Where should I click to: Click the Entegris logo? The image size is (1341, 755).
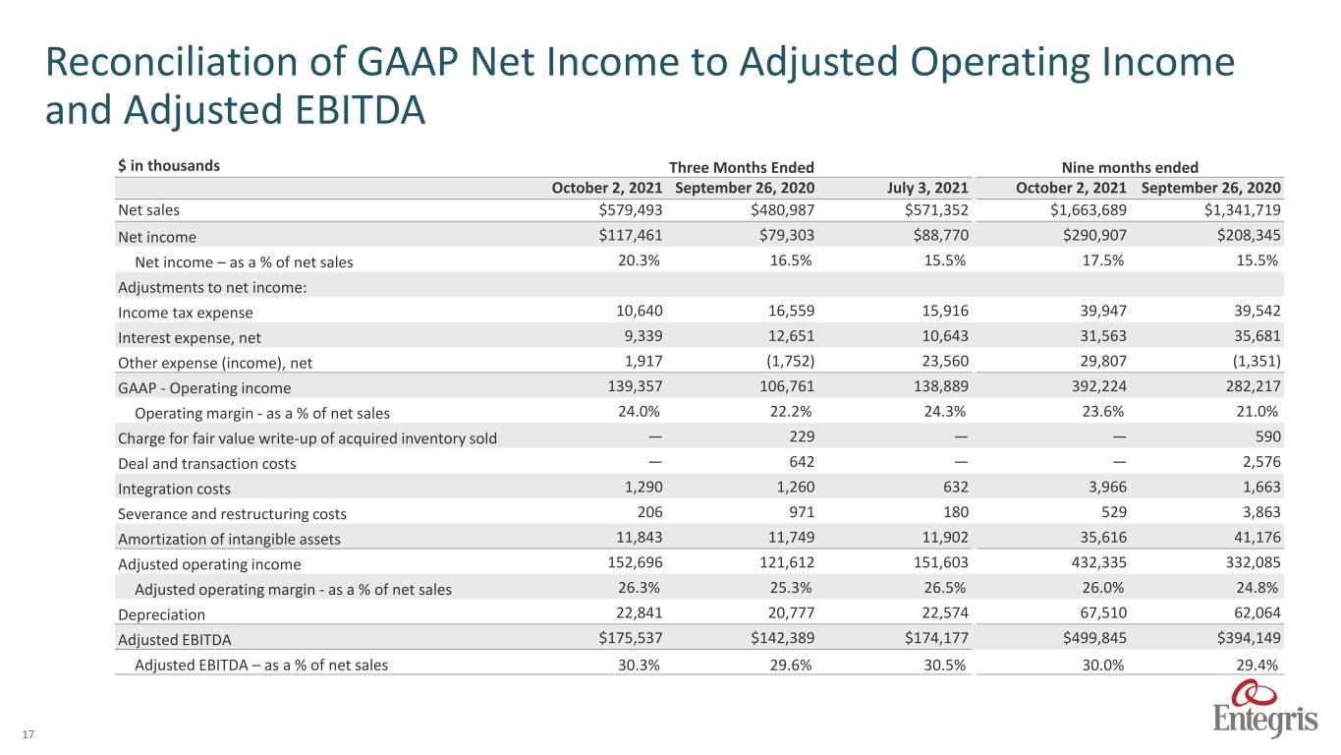pyautogui.click(x=1265, y=708)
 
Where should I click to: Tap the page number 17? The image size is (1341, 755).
pyautogui.click(x=28, y=734)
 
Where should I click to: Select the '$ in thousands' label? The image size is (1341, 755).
pyautogui.click(x=169, y=165)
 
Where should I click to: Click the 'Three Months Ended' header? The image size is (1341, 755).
pyautogui.click(x=741, y=167)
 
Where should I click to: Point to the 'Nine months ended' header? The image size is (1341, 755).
pyautogui.click(x=1130, y=167)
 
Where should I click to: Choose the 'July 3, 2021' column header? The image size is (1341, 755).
pyautogui.click(x=927, y=188)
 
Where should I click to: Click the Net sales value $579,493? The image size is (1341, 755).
pyautogui.click(x=631, y=209)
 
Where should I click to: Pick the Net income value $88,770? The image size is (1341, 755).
pyautogui.click(x=940, y=235)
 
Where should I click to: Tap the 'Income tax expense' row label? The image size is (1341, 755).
pyautogui.click(x=185, y=313)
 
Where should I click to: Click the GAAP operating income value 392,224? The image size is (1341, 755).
pyautogui.click(x=1098, y=386)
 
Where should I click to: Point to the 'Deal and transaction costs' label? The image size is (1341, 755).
pyautogui.click(x=206, y=464)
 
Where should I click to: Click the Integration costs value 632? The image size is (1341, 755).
pyautogui.click(x=956, y=487)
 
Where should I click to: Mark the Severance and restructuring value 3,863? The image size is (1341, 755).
pyautogui.click(x=1261, y=512)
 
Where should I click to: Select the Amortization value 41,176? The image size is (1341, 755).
pyautogui.click(x=1257, y=537)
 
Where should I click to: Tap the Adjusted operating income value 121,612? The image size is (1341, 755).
pyautogui.click(x=787, y=562)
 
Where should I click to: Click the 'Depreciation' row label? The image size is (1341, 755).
pyautogui.click(x=161, y=614)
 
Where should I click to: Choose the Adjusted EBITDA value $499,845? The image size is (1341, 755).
pyautogui.click(x=1094, y=638)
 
